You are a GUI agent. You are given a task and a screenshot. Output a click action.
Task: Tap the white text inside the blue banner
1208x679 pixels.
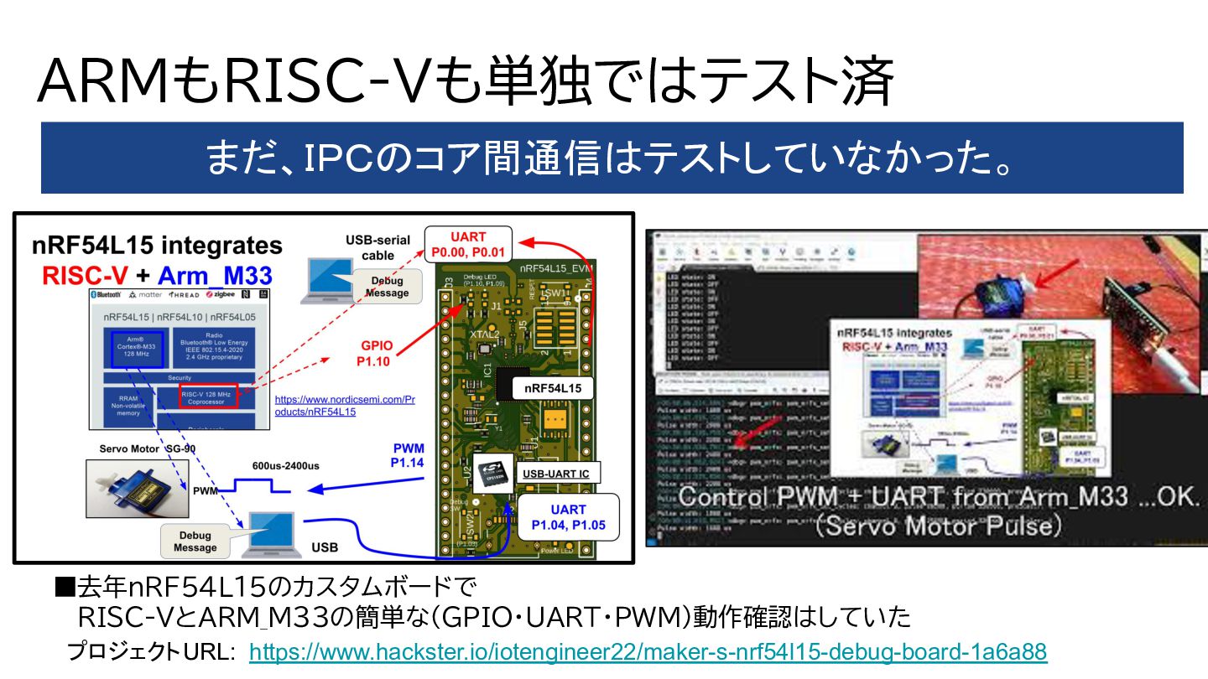(x=612, y=158)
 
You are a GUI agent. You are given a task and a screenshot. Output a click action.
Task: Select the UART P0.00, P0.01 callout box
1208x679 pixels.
(x=467, y=244)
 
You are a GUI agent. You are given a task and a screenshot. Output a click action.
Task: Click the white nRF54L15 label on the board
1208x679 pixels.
(x=553, y=388)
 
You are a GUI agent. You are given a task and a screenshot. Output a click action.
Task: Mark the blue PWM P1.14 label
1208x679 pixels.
(x=408, y=455)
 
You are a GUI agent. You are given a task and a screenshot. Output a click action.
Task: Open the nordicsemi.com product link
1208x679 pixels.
(x=345, y=406)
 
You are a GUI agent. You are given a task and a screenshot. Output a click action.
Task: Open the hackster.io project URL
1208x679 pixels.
(x=648, y=651)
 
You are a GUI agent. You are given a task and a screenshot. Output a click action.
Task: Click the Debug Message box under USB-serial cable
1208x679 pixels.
(x=387, y=287)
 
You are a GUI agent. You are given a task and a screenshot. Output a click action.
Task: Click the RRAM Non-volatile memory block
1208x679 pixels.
(x=128, y=406)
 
